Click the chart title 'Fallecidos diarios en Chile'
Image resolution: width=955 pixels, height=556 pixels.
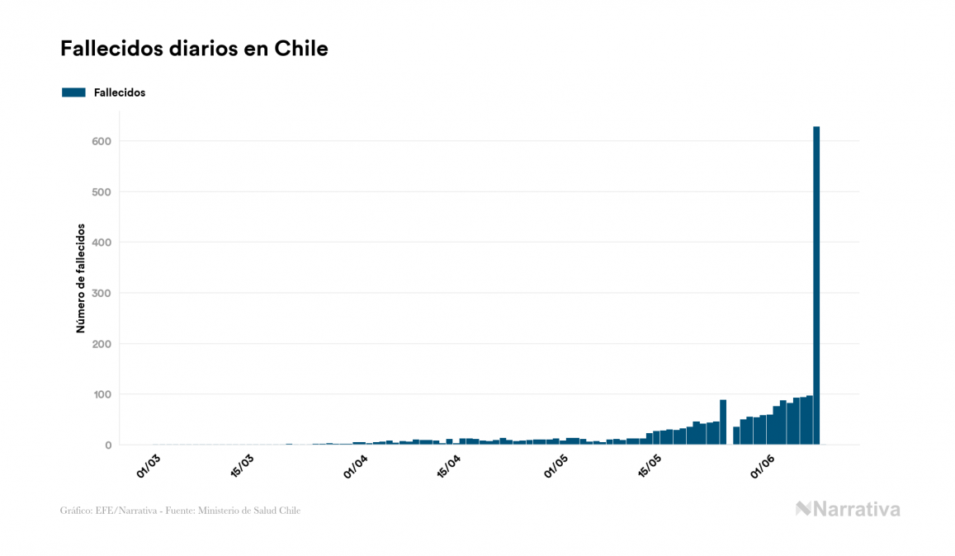pos(194,49)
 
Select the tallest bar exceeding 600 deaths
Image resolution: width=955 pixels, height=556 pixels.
pos(816,285)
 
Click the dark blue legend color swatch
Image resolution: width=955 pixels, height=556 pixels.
pos(73,92)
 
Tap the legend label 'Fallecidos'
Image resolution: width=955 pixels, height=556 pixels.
pos(120,92)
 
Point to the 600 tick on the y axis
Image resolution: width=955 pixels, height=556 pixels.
pos(102,141)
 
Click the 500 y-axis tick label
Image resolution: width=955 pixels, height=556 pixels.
pos(102,192)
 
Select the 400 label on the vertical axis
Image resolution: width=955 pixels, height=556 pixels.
pos(102,243)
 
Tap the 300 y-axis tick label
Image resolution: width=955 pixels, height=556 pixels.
pos(102,293)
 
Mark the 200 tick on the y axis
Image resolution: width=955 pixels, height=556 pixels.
pos(102,344)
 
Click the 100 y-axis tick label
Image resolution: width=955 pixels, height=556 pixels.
pos(102,394)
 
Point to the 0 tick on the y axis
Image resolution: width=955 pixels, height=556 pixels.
pos(107,445)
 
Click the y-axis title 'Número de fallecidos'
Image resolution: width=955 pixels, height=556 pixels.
pos(81,278)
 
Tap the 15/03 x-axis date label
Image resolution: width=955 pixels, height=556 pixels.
pos(243,465)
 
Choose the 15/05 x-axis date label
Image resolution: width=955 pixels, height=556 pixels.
pos(650,465)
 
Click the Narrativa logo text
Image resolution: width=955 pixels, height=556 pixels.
pos(849,509)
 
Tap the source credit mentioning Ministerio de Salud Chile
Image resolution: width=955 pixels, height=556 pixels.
pos(180,511)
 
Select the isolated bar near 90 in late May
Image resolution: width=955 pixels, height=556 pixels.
pos(723,422)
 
